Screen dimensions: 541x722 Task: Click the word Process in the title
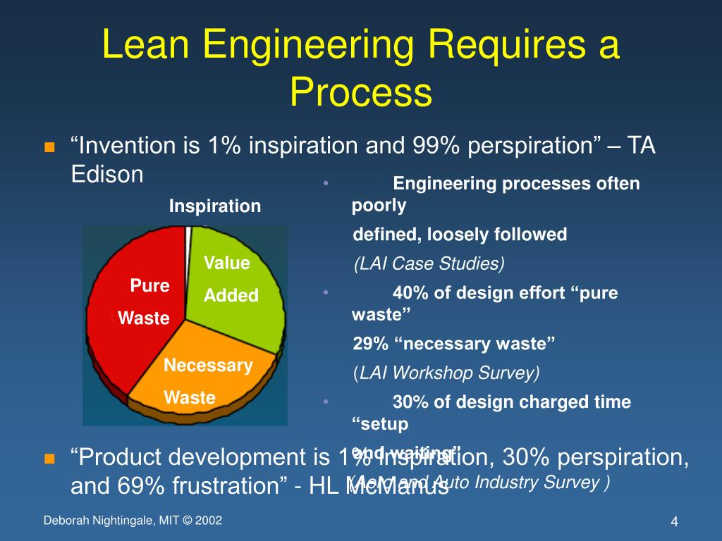point(360,92)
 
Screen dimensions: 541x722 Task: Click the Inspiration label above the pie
point(214,206)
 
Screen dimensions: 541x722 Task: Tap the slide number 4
point(674,522)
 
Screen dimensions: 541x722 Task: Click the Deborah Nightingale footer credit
point(133,521)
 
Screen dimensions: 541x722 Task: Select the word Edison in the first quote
point(107,174)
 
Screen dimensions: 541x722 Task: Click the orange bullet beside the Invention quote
point(49,148)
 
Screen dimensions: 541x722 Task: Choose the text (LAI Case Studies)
point(429,263)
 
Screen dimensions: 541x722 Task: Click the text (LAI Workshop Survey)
point(446,373)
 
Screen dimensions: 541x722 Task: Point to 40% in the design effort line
point(411,293)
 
